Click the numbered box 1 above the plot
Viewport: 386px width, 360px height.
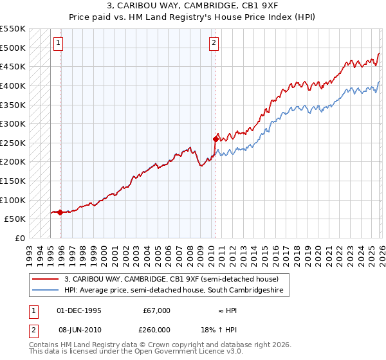point(58,43)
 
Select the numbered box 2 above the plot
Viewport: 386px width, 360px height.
point(214,43)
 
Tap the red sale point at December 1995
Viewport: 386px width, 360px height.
point(60,212)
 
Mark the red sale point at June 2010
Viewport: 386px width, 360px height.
point(215,138)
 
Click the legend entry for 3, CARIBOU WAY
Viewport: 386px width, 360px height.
point(170,279)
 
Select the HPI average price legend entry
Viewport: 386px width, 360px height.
point(177,291)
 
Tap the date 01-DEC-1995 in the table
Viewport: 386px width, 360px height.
point(79,310)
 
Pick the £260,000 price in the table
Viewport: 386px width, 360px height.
point(156,330)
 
